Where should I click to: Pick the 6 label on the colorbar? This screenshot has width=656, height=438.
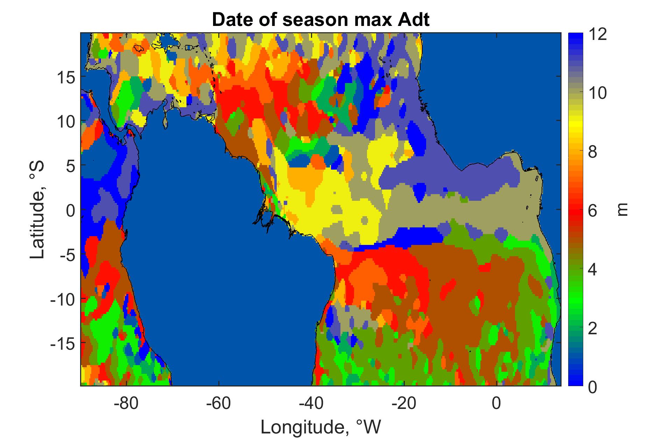(x=593, y=211)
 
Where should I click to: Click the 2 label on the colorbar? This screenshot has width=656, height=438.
(x=593, y=329)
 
